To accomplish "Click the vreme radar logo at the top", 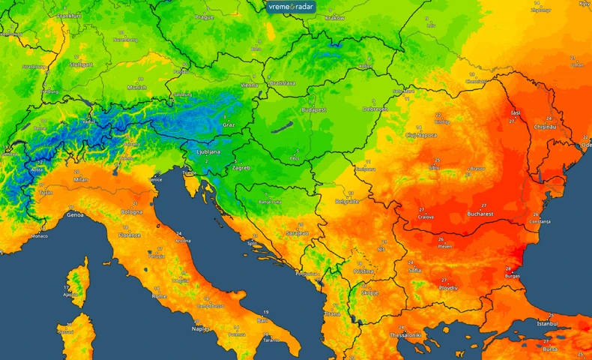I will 292,7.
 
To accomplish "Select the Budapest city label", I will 313,109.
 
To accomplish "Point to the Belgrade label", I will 346,202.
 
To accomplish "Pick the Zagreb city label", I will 241,168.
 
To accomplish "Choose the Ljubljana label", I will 208,151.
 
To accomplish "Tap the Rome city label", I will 160,295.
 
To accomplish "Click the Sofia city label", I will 414,271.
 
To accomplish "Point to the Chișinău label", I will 545,127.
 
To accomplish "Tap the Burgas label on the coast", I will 513,276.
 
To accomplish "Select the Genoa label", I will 75,214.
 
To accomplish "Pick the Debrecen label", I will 375,109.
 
